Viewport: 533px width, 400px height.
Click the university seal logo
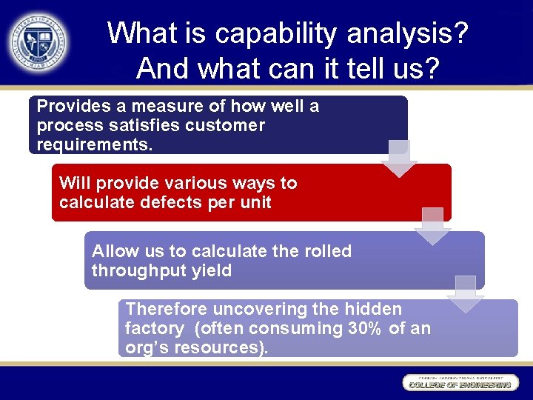(x=38, y=42)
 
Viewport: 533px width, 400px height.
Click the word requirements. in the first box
(x=95, y=144)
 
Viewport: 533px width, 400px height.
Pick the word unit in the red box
(x=255, y=202)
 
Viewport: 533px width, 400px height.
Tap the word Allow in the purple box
(x=115, y=251)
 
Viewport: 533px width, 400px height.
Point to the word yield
(x=210, y=270)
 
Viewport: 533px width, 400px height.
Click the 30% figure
(x=366, y=328)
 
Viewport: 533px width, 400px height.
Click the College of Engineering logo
(x=459, y=383)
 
